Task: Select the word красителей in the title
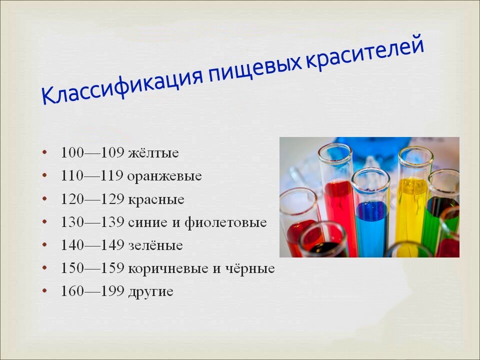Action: pyautogui.click(x=365, y=52)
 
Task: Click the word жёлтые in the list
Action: pyautogui.click(x=153, y=153)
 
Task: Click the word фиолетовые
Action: pyautogui.click(x=225, y=222)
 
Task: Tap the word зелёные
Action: pyautogui.click(x=155, y=245)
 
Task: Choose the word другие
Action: pyautogui.click(x=150, y=291)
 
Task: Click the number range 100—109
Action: pyautogui.click(x=92, y=152)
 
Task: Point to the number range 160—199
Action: pyautogui.click(x=92, y=291)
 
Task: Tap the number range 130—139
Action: pyautogui.click(x=92, y=221)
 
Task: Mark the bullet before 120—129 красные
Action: pyautogui.click(x=45, y=199)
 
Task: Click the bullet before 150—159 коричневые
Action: pyautogui.click(x=45, y=268)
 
